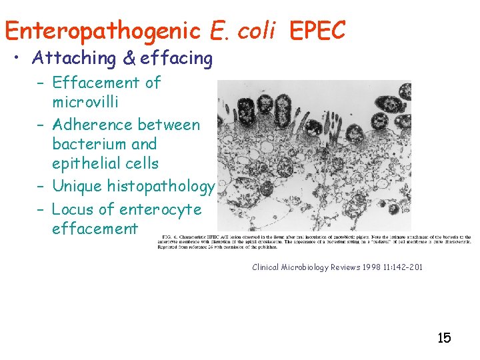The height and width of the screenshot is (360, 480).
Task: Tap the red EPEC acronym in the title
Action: (x=317, y=30)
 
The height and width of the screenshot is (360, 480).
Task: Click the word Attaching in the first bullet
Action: (x=73, y=59)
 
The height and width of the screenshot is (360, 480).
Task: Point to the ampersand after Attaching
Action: (x=129, y=59)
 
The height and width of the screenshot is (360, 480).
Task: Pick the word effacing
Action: (x=176, y=59)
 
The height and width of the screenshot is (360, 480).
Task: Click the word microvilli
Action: (x=85, y=102)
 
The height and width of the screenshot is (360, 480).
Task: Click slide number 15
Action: (x=444, y=337)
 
